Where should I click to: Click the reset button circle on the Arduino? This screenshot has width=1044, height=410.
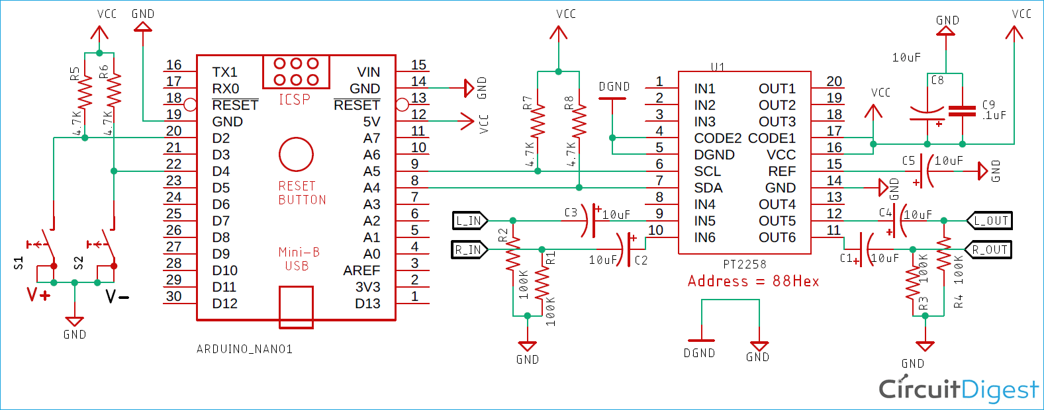tap(296, 155)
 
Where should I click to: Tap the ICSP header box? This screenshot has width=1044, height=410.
tap(296, 72)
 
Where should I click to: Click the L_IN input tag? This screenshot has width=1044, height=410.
tap(469, 221)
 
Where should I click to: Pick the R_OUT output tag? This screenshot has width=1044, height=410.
tap(989, 250)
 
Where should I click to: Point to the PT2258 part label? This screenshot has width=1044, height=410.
tap(744, 265)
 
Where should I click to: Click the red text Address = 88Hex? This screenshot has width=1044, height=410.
tap(753, 282)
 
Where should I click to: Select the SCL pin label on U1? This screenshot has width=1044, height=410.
tap(707, 171)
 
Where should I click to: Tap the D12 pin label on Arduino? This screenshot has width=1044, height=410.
tap(224, 304)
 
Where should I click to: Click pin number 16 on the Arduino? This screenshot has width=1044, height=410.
tap(173, 65)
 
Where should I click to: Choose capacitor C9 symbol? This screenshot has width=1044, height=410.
tap(962, 111)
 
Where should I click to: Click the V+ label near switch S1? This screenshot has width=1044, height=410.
tap(38, 295)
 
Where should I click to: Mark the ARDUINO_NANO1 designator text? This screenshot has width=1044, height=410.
tap(244, 349)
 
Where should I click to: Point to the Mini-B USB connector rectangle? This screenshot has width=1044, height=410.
tap(296, 307)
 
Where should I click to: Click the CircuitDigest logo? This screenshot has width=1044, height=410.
tap(958, 390)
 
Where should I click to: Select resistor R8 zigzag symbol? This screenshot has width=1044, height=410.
tap(579, 121)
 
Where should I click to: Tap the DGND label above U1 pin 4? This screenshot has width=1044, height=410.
tap(614, 87)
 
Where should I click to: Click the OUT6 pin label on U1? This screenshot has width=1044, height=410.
tap(777, 237)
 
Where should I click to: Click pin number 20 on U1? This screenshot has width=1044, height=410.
tap(834, 81)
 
